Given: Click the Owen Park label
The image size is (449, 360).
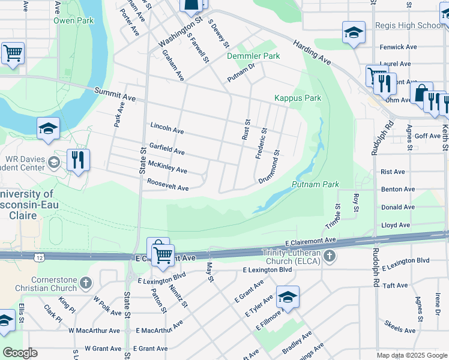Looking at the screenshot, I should (73, 20).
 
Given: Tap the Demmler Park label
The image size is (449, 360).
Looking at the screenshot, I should (253, 56).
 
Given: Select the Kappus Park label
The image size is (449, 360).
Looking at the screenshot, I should (298, 98).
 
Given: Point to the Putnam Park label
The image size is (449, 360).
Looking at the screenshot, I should (316, 185).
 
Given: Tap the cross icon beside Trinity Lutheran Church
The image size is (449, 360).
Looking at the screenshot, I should (329, 257).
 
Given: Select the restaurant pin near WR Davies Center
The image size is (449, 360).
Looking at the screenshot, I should (78, 160).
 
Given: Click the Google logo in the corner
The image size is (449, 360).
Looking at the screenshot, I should (20, 353).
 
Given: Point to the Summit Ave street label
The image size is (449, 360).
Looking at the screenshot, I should (115, 93).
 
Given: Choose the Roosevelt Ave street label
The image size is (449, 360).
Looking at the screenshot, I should (168, 185).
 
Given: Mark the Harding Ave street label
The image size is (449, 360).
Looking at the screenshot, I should (312, 52).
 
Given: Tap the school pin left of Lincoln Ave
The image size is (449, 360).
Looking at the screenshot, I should (48, 128).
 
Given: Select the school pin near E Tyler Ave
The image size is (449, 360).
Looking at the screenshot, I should (288, 297).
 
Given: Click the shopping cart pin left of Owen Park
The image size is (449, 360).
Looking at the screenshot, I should (13, 53).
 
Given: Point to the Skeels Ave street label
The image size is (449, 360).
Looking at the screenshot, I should (401, 330).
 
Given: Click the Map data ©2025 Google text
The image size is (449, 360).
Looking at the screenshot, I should (411, 355).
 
